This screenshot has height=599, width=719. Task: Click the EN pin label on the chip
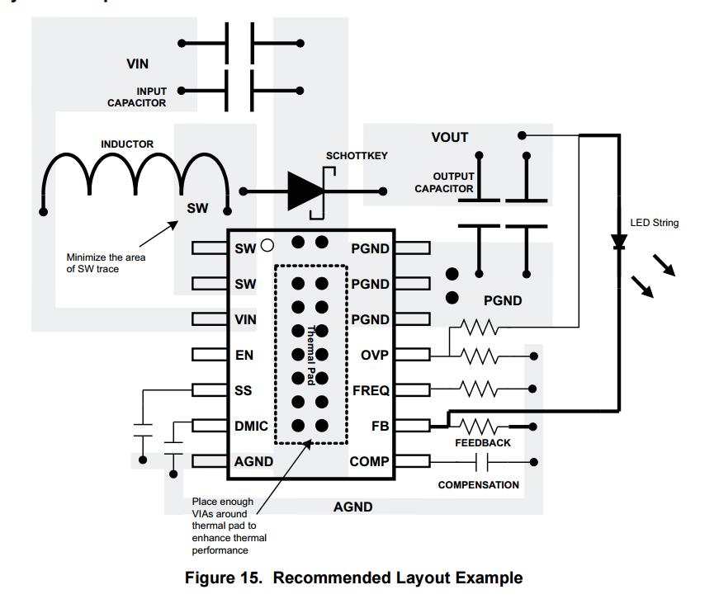point(244,355)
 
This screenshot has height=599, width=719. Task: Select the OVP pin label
point(374,355)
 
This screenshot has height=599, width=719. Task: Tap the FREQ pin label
point(371,390)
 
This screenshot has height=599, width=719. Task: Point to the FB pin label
point(380,427)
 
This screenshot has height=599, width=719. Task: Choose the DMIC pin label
point(251,426)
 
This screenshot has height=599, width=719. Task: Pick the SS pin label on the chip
point(243,390)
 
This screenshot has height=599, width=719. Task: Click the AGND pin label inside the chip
point(253,461)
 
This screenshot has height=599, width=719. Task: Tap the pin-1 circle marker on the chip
point(267,244)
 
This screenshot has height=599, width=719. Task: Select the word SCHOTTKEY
point(357,156)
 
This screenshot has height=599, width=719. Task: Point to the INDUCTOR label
point(127,144)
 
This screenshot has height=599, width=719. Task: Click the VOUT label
point(450,137)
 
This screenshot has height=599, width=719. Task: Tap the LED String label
point(655,223)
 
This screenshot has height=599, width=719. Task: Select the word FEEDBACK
point(483,443)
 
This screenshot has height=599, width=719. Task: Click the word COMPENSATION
point(478,485)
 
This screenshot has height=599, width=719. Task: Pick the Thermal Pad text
point(311,354)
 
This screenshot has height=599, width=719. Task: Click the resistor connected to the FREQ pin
point(479,389)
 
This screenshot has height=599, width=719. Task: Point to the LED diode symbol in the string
point(618,243)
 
